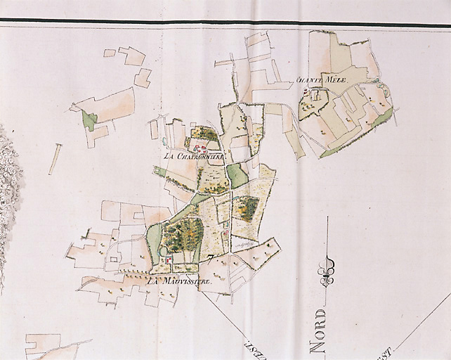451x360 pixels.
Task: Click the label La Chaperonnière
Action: pyautogui.click(x=192, y=156)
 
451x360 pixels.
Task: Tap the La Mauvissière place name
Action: pyautogui.click(x=179, y=281)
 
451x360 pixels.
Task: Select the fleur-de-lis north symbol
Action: pyautogui.click(x=327, y=271)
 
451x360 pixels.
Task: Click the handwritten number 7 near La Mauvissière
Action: pyautogui.click(x=210, y=258)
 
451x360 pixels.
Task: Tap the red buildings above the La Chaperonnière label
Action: pyautogui.click(x=201, y=148)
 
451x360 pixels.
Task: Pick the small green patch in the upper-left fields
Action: pyautogui.click(x=89, y=120)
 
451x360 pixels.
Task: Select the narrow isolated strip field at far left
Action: pyautogui.click(x=55, y=159)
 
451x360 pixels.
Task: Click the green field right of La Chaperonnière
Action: pyautogui.click(x=237, y=175)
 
